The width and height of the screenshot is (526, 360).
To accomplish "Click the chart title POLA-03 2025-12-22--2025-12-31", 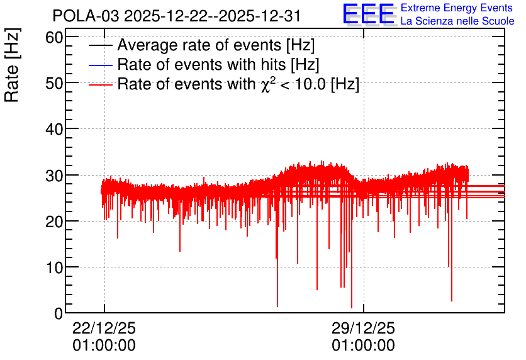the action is (176, 16).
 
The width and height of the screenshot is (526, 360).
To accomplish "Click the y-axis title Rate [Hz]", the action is (12, 65).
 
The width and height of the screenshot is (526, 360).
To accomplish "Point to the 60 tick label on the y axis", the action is (54, 38).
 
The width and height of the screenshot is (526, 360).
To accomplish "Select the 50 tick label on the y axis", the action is (54, 84).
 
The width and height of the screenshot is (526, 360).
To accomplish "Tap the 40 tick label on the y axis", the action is (54, 129).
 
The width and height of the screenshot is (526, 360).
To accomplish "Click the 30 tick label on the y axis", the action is (54, 176).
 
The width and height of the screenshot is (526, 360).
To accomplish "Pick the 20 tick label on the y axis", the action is (54, 222).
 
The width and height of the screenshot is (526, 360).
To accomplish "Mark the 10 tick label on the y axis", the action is (54, 267).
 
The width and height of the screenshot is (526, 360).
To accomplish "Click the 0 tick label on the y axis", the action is (59, 313).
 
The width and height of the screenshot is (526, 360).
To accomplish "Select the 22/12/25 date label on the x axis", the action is (104, 328).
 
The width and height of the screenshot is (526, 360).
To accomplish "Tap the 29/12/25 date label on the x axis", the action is (363, 328).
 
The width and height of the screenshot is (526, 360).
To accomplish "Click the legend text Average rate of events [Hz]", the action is (216, 45).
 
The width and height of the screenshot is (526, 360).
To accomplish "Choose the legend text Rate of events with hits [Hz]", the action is (218, 64).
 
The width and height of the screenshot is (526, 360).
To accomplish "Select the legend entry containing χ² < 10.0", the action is (238, 84).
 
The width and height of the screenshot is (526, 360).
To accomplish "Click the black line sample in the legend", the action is (100, 45).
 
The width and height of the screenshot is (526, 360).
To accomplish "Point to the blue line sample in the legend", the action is (100, 65).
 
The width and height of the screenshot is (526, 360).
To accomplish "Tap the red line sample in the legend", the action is (100, 84).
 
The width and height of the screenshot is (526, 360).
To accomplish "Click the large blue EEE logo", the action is (369, 14).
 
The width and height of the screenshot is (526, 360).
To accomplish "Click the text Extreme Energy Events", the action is (457, 8).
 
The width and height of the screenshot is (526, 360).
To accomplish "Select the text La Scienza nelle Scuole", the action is (457, 21).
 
